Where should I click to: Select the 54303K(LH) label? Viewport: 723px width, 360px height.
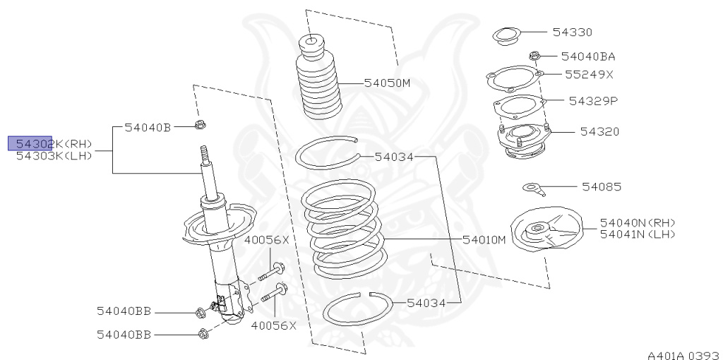coord(54,156)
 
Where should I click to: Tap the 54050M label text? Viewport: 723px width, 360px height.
coord(387,83)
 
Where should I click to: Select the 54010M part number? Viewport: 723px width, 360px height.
coord(485,239)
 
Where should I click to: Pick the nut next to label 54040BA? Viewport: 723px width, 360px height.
coord(534,55)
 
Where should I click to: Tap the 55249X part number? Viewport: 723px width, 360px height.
coord(589,73)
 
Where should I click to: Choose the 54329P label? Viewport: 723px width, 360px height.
coord(593,100)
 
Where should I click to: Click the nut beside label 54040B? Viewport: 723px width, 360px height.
coord(199,127)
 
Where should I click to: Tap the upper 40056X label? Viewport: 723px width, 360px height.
coord(267,240)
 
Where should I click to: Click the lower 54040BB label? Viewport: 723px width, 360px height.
coord(124,335)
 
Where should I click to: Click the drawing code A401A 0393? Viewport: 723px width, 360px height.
coord(683,351)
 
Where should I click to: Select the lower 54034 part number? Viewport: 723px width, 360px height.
coord(426,303)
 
